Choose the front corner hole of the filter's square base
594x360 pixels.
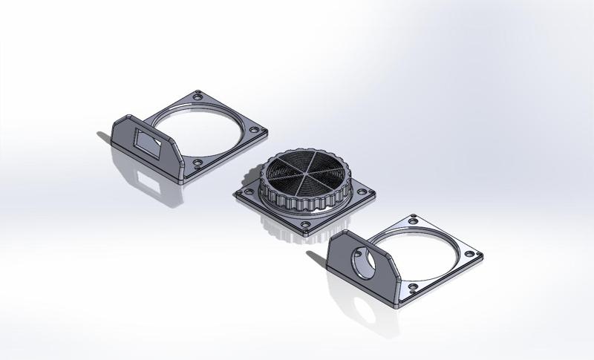point(306,223)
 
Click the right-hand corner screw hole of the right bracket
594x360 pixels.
point(472,255)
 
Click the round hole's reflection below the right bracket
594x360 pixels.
point(362,305)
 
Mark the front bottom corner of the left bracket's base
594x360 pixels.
point(181,180)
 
